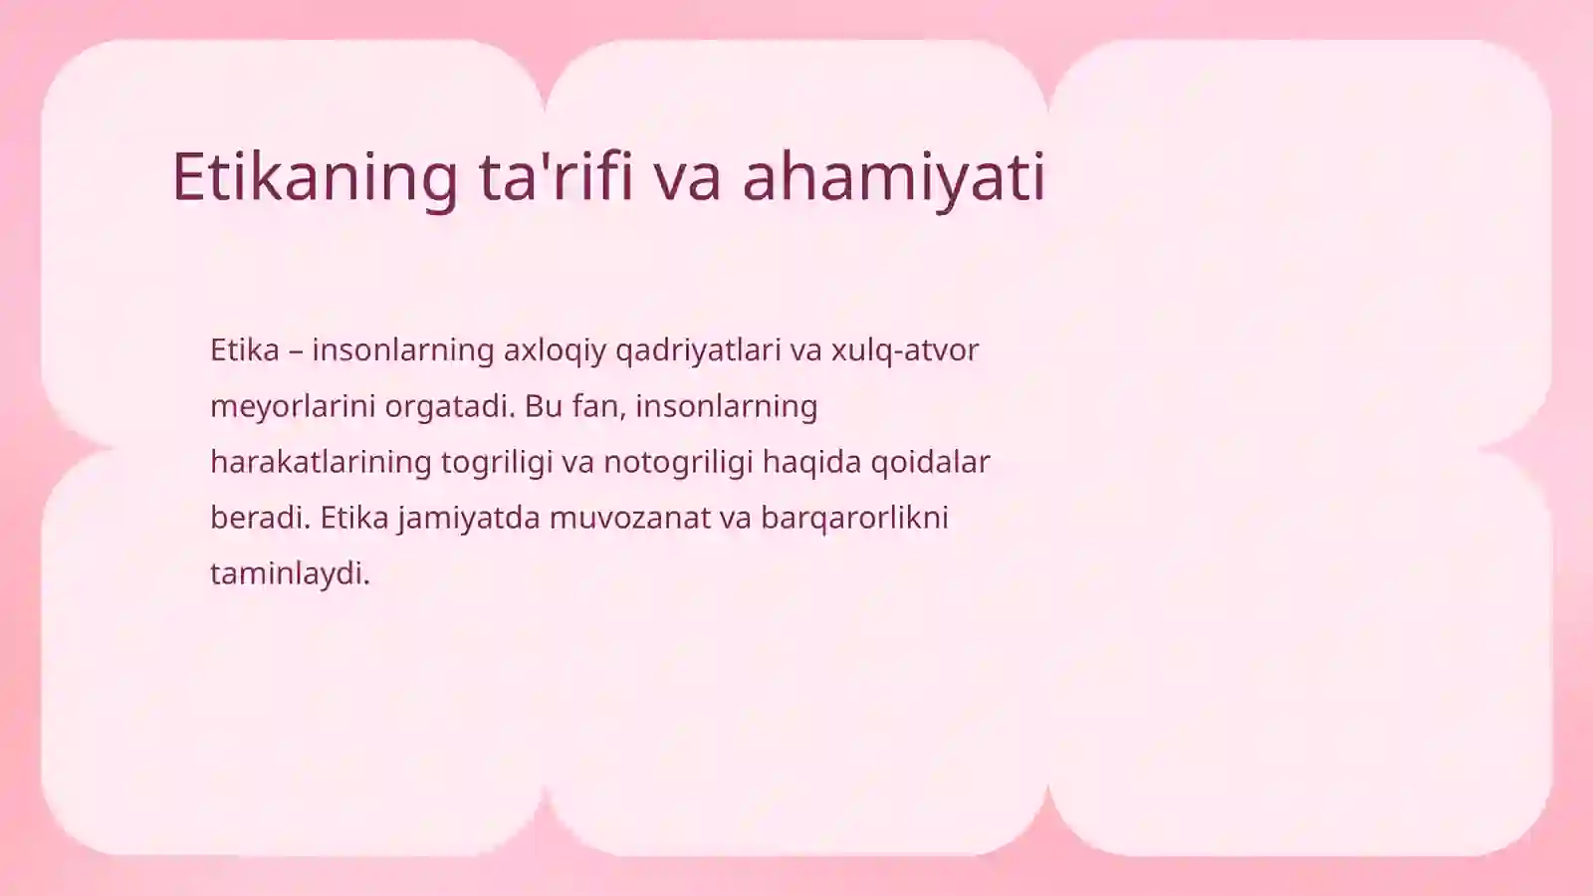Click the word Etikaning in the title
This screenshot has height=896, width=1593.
coord(315,177)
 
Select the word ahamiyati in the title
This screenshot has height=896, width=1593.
coord(893,177)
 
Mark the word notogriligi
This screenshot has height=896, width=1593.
coord(677,462)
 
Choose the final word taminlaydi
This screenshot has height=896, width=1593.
coord(290,573)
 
